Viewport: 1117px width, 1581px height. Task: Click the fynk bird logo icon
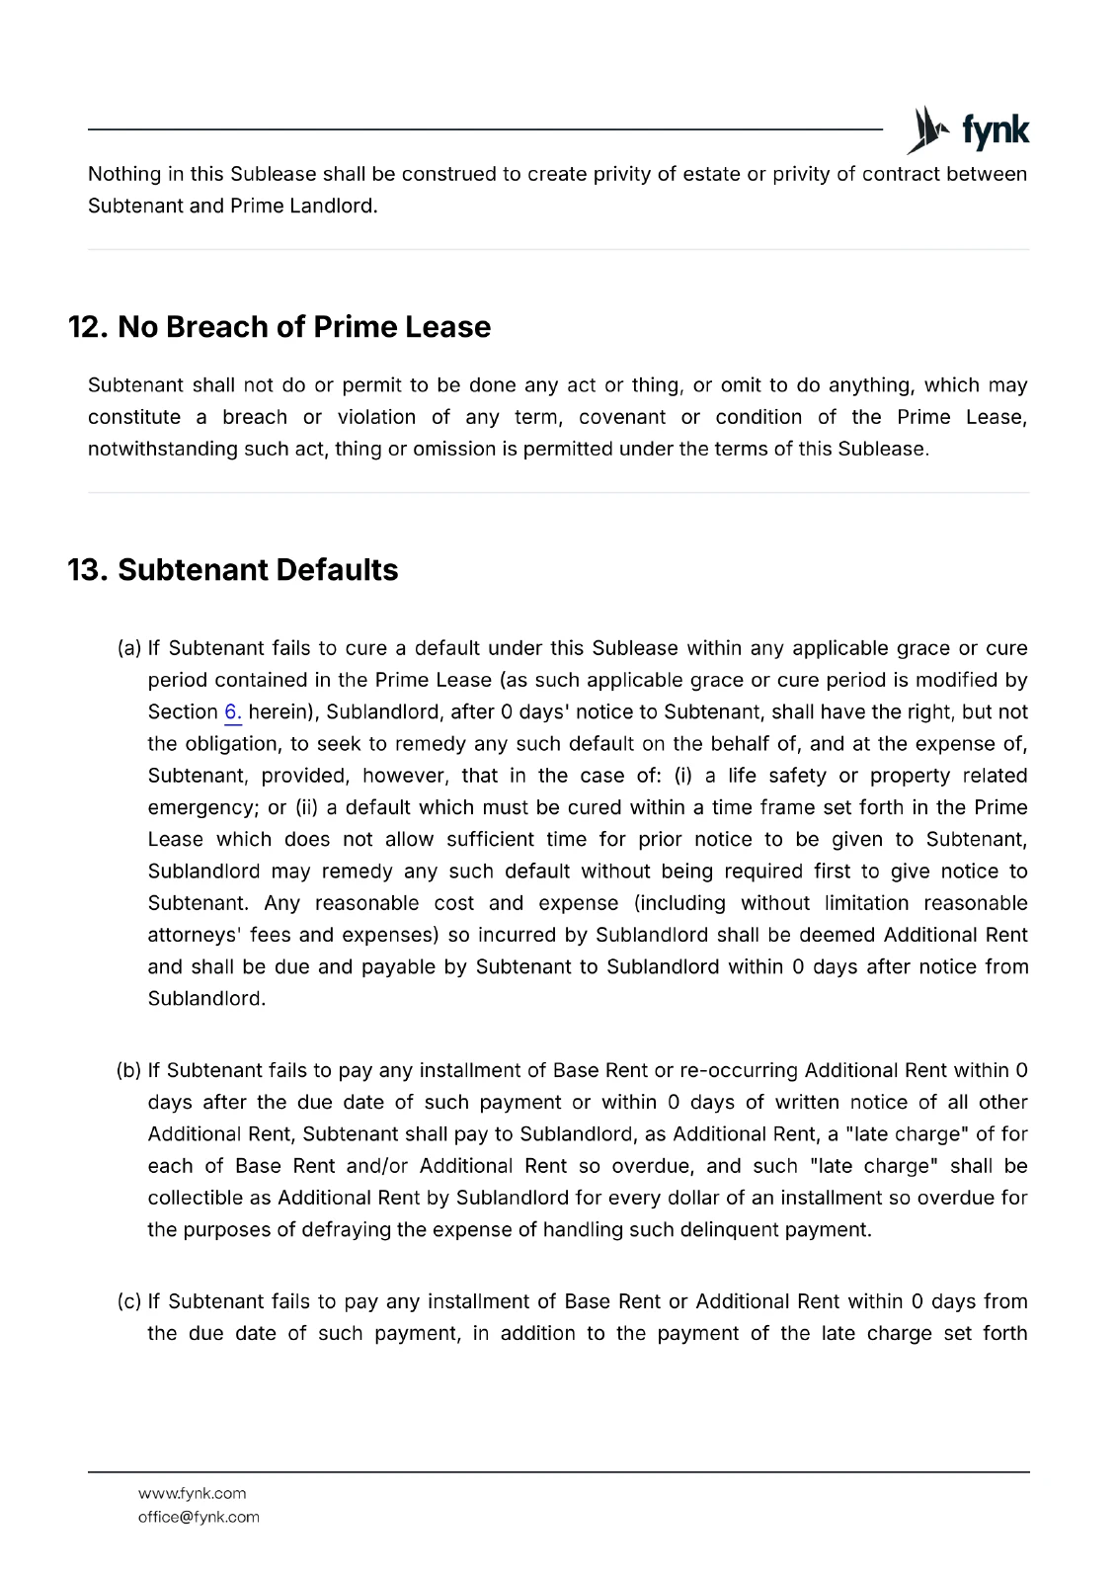[x=926, y=130]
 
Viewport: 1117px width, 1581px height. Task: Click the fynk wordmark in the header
[x=995, y=130]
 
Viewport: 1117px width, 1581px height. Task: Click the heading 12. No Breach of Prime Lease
[x=279, y=327]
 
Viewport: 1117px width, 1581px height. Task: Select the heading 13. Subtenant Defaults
[x=233, y=570]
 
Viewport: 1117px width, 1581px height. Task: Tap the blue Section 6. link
[x=233, y=712]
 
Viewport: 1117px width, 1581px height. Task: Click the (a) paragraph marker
[x=129, y=648]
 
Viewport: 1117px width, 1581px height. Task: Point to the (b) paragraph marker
[x=129, y=1070]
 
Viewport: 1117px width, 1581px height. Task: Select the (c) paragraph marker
[x=129, y=1301]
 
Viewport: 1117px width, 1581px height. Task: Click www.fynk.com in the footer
[x=192, y=1493]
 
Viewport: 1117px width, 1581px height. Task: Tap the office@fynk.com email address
[x=199, y=1517]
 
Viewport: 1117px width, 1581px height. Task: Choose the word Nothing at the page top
[x=124, y=174]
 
